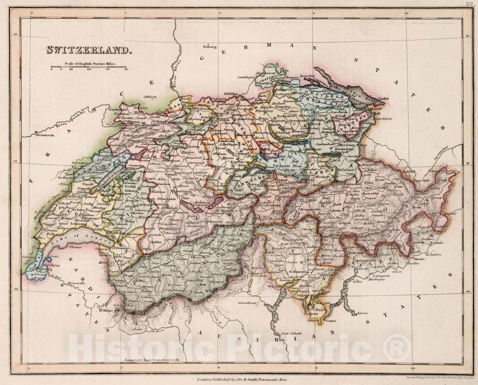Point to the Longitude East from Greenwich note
click(152, 360)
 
